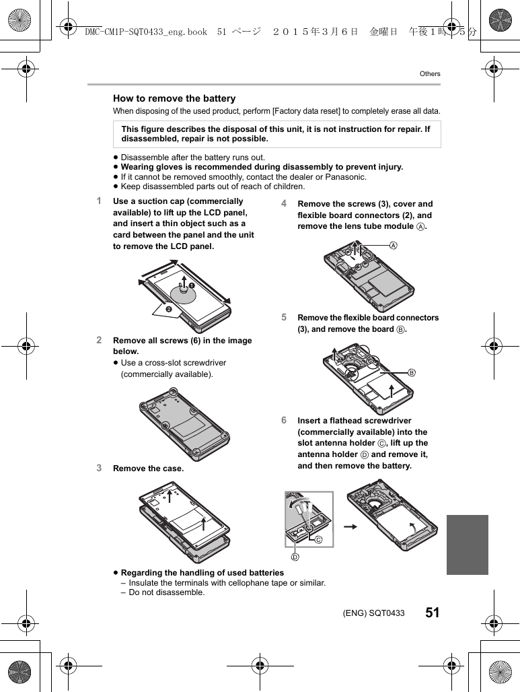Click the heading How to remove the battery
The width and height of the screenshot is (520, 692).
tap(174, 98)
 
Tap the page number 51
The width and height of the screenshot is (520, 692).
tap(432, 613)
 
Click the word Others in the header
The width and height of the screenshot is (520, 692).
tap(430, 74)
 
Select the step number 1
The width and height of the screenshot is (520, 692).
tap(99, 201)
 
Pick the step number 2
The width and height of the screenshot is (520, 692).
tap(99, 340)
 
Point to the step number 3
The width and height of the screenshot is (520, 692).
tap(99, 468)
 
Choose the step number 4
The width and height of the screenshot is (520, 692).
tap(285, 203)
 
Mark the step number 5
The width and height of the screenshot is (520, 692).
tap(285, 317)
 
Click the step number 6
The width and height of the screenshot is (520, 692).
tap(285, 420)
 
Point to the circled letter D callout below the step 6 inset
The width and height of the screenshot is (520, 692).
tap(294, 557)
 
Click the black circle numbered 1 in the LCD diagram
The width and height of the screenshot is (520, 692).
tap(191, 286)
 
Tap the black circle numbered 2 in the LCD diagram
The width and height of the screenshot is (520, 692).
tap(169, 309)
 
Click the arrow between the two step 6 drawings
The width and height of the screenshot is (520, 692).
tap(349, 526)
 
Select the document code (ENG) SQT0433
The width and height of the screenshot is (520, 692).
tap(373, 613)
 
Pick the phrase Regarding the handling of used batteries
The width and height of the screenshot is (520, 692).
tap(202, 573)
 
